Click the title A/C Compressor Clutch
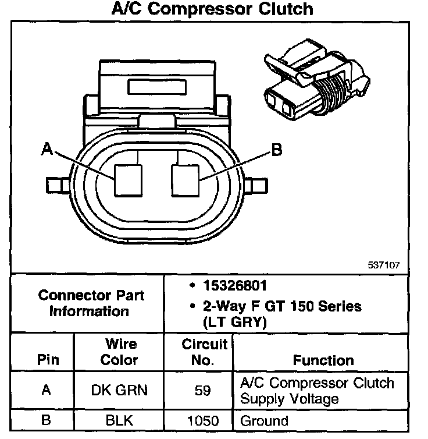coord(212,9)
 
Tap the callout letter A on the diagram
coord(48,150)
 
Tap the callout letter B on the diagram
coord(277,151)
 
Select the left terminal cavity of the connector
coord(128,180)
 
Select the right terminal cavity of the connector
coord(185,180)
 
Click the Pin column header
coord(48,359)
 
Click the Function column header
coord(323,360)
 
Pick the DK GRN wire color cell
coord(119,390)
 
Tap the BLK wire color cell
coord(119,420)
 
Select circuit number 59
coord(202,391)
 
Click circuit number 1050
coord(202,420)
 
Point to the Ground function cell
coord(264,420)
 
